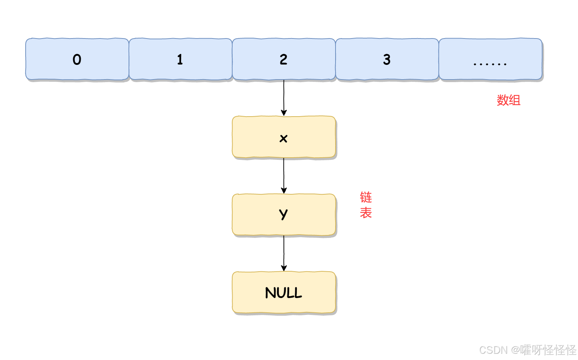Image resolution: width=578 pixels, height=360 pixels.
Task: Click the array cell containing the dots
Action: coord(490,59)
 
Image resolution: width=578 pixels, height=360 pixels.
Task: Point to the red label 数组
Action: coord(508,100)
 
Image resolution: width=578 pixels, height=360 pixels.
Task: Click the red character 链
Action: coord(366,197)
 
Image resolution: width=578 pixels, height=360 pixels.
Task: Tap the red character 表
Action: coord(366,213)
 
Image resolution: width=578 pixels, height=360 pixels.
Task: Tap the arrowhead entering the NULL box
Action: coord(284,268)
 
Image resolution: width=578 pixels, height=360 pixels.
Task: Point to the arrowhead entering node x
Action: coord(284,113)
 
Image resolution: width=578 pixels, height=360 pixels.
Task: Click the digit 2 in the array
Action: coord(284,59)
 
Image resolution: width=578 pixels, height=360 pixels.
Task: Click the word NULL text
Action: coord(284,293)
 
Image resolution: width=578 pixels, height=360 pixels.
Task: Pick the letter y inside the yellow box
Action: coord(283,214)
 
